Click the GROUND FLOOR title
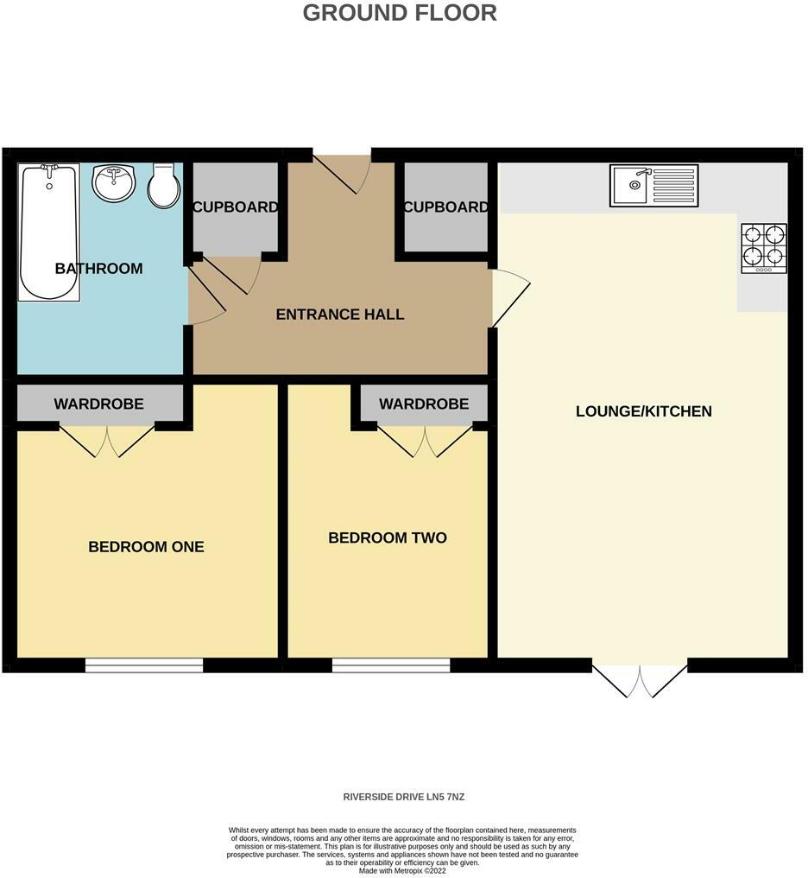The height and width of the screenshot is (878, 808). (400, 13)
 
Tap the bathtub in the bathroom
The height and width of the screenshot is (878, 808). (49, 232)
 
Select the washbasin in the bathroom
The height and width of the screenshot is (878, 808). (113, 182)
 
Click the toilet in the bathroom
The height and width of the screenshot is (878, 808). (163, 186)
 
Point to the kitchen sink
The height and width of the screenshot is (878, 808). (653, 185)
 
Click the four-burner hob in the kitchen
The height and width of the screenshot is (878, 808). (764, 247)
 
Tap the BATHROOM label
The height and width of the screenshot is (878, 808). (98, 269)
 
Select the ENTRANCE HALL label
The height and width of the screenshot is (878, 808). (339, 315)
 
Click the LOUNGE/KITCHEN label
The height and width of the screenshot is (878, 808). (643, 411)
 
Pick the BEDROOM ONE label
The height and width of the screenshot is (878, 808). (146, 547)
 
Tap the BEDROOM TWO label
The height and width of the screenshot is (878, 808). (388, 538)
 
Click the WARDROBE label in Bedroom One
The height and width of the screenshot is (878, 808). (98, 404)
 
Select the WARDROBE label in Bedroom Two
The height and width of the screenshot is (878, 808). (423, 404)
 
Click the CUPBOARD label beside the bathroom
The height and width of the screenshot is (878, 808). (235, 207)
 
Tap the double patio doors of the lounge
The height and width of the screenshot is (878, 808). (640, 678)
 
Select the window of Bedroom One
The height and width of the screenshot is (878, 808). (144, 665)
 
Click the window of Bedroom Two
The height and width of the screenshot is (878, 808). (391, 665)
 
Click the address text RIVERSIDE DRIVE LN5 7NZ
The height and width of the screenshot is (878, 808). (403, 797)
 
